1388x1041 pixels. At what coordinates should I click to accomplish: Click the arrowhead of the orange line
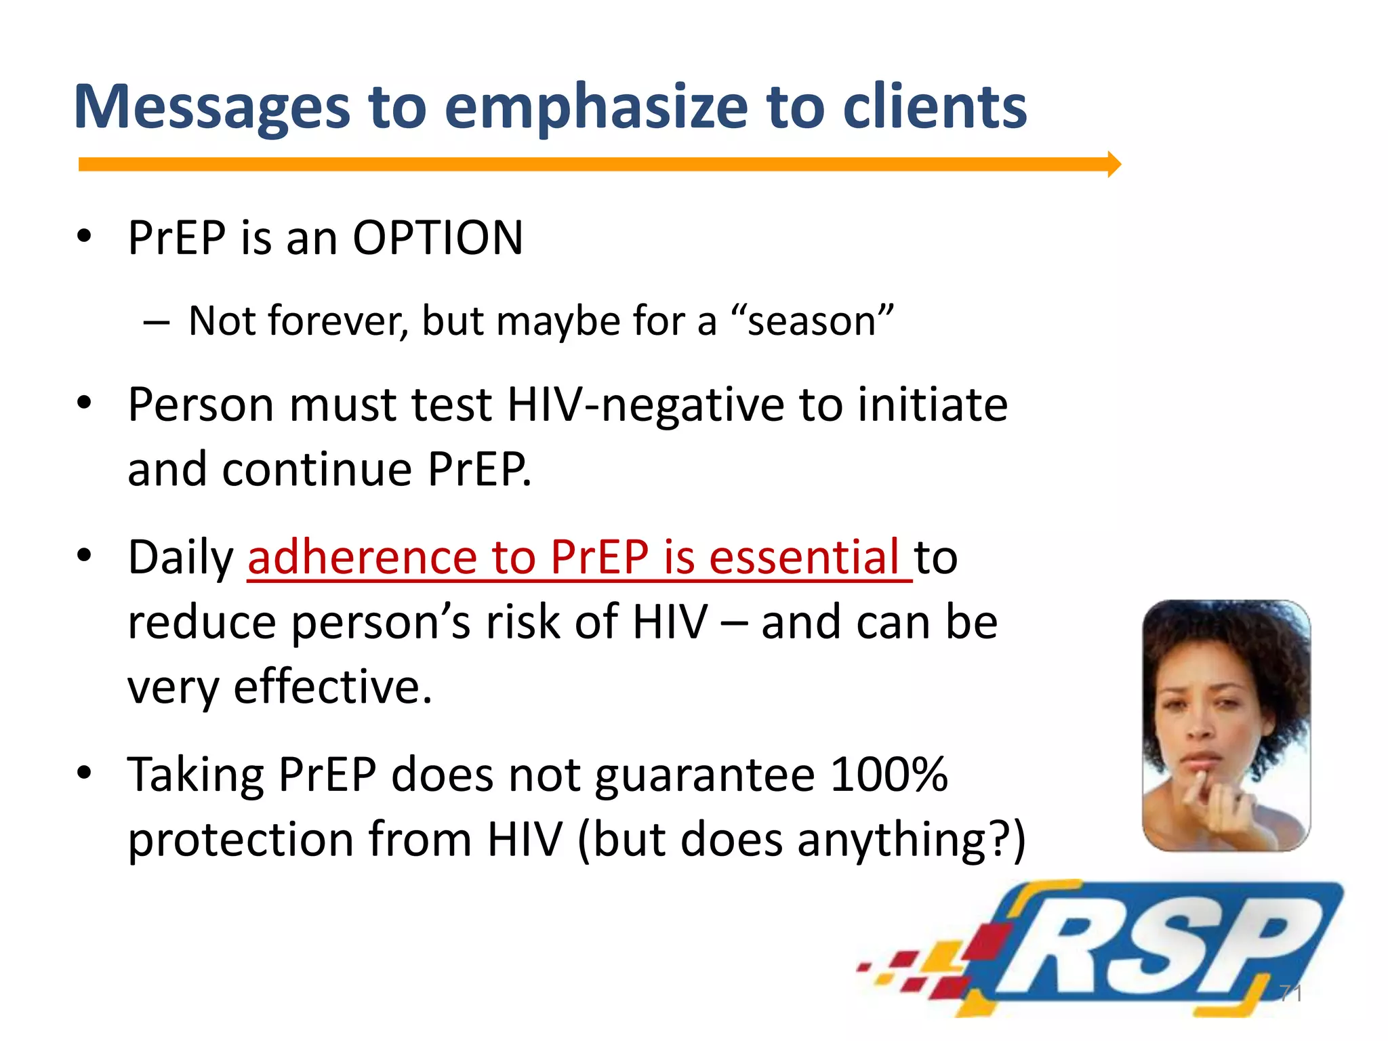point(1114,164)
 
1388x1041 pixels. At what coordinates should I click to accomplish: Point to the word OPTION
point(438,239)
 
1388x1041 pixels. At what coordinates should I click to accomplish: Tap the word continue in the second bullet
point(317,470)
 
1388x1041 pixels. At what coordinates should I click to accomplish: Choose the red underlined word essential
point(804,558)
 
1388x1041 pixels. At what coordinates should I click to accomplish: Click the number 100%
point(888,775)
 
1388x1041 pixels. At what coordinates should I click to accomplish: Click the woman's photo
point(1225,725)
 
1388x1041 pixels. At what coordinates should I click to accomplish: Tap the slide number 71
point(1290,994)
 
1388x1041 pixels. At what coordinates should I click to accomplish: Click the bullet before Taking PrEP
point(83,773)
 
